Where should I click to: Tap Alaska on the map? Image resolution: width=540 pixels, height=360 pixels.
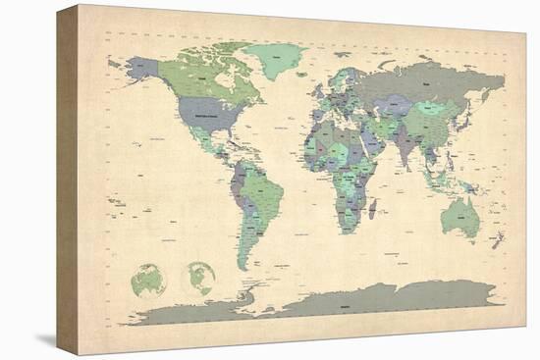pyautogui.click(x=141, y=68)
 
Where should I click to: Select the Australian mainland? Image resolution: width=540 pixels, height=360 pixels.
pyautogui.click(x=459, y=216)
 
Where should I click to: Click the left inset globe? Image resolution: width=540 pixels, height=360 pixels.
pyautogui.click(x=148, y=280)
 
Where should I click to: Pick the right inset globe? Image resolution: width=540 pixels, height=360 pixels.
pyautogui.click(x=201, y=278)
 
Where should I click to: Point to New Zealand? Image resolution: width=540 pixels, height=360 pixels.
pyautogui.click(x=499, y=238)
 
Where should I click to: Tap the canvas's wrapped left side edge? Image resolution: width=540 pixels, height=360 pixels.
pyautogui.click(x=67, y=177)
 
